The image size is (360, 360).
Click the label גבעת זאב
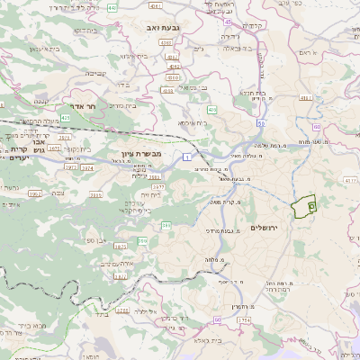click(x=166, y=31)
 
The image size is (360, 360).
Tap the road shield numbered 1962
click(x=35, y=193)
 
